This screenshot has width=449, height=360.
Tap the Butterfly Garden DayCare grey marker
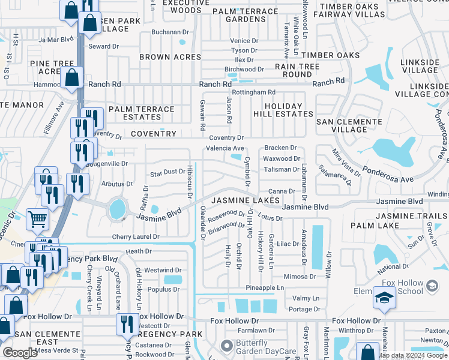pyautogui.click(x=226, y=346)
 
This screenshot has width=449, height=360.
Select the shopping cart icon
pyautogui.click(x=37, y=220)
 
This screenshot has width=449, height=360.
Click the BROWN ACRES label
pyautogui.click(x=170, y=57)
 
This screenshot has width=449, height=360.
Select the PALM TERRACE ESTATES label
pyautogui.click(x=141, y=113)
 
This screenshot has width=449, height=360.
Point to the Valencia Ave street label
pyautogui.click(x=225, y=148)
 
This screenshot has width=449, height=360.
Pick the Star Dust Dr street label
pyautogui.click(x=167, y=172)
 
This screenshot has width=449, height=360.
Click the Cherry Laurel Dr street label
pyautogui.click(x=135, y=237)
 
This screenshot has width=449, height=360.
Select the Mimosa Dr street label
pyautogui.click(x=300, y=277)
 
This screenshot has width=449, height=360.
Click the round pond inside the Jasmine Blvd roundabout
pyautogui.click(x=118, y=209)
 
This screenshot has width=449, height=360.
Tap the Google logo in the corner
pyautogui.click(x=20, y=353)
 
